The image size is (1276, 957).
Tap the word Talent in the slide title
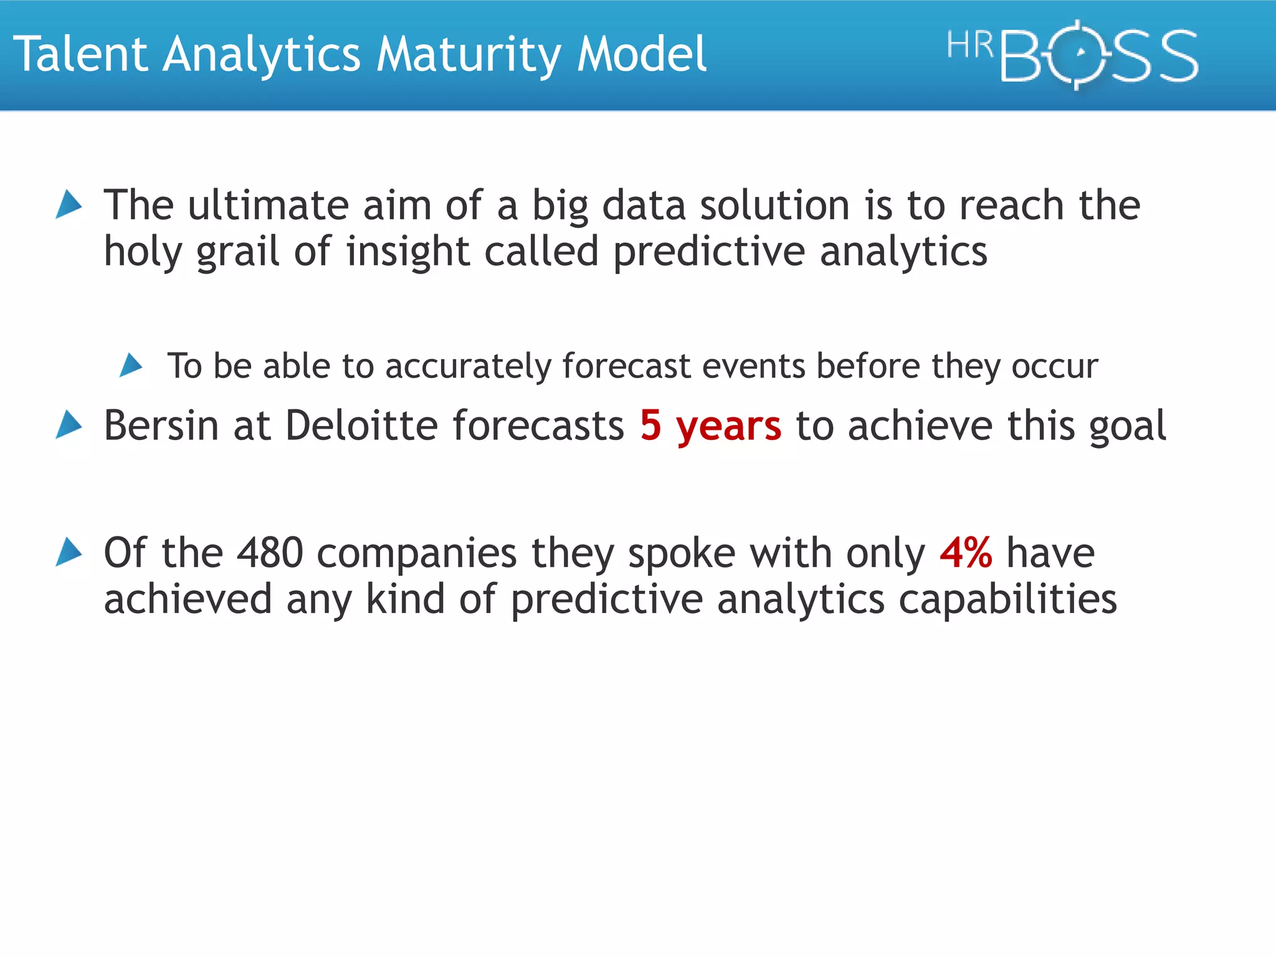pyautogui.click(x=80, y=55)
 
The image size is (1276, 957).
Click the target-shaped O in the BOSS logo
pyautogui.click(x=1081, y=55)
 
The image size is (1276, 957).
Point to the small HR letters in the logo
pyautogui.click(x=969, y=45)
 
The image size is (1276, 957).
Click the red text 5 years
pyautogui.click(x=710, y=426)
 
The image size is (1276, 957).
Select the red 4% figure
pyautogui.click(x=966, y=553)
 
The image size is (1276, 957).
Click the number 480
pyautogui.click(x=270, y=553)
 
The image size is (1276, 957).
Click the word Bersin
pyautogui.click(x=161, y=426)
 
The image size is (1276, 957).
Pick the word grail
pyautogui.click(x=237, y=252)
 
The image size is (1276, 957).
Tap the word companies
pyautogui.click(x=416, y=554)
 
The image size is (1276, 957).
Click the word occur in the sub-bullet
pyautogui.click(x=1054, y=366)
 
